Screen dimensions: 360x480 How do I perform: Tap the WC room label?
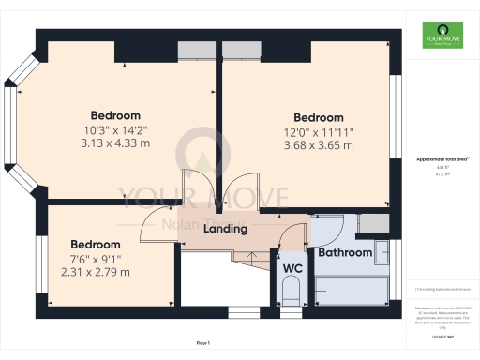(x=292, y=268)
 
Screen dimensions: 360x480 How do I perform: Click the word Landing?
(x=226, y=229)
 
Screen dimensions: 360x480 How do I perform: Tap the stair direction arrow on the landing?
(x=249, y=256)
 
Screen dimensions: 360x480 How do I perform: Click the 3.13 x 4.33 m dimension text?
(x=115, y=143)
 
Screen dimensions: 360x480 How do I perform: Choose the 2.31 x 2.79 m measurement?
(x=96, y=272)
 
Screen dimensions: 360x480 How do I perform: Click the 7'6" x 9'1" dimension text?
(x=96, y=259)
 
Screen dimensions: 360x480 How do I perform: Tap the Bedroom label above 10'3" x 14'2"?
(x=115, y=115)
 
